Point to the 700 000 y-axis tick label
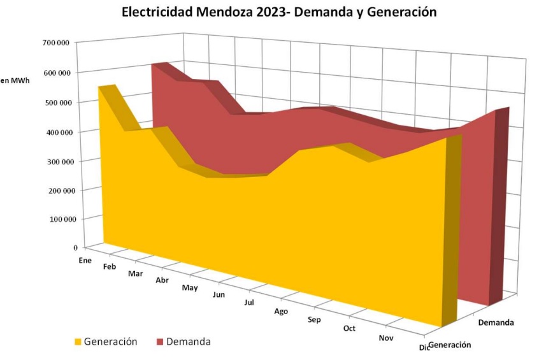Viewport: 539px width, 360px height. [x=56, y=43]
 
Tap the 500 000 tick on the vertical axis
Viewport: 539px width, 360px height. [x=56, y=102]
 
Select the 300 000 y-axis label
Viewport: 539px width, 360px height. [x=56, y=161]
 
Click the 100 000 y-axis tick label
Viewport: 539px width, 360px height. [x=56, y=220]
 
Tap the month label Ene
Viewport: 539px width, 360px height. [x=85, y=260]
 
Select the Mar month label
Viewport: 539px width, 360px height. [x=134, y=273]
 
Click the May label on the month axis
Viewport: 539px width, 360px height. [x=189, y=287]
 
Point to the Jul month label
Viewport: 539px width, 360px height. [x=249, y=302]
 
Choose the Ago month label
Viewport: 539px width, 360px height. [x=281, y=311]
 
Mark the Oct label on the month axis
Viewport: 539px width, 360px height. [x=349, y=328]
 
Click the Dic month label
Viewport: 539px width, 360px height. [x=424, y=347]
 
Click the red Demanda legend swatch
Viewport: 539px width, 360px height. [x=160, y=342]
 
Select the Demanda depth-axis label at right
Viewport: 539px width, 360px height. [x=496, y=322]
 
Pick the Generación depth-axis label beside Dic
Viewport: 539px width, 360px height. [x=450, y=345]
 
